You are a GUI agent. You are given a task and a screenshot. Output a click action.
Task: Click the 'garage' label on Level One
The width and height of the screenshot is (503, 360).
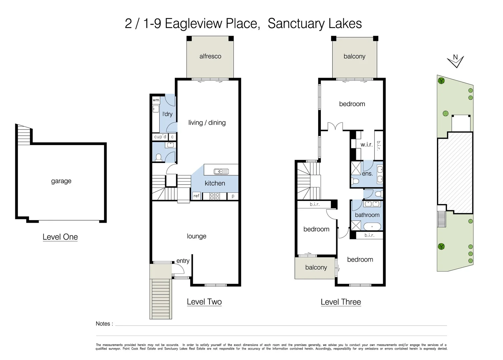coord(61,181)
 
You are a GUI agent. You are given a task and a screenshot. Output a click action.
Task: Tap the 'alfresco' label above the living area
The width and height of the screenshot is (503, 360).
coord(210,56)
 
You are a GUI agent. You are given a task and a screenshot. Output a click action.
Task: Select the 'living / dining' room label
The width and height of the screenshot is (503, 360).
coord(207,123)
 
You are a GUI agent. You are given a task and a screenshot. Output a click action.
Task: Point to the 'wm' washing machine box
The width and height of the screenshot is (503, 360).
coord(156,100)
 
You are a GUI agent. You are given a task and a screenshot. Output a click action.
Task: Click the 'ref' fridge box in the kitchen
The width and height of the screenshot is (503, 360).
coord(196,196)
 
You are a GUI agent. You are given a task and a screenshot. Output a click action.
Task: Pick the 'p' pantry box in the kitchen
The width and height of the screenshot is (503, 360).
coord(233,196)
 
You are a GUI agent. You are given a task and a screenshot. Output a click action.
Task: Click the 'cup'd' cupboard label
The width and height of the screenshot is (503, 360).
coord(160,137)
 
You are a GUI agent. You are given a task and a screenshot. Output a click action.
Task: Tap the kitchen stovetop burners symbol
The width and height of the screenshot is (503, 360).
coord(214,196)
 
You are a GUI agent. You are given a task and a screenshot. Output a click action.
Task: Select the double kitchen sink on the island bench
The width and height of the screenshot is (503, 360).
coord(221,172)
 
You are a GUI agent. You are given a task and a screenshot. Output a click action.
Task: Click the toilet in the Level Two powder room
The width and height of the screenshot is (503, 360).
coord(159,157)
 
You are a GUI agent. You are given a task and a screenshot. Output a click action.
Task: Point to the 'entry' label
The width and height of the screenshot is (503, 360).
coord(183,261)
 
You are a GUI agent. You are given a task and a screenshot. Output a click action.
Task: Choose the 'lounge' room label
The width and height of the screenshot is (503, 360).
coord(196,236)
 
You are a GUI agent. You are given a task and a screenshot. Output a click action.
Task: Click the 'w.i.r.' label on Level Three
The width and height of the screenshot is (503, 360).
coord(366,145)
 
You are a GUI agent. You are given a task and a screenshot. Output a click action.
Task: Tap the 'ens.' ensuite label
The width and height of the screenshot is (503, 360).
coord(367,174)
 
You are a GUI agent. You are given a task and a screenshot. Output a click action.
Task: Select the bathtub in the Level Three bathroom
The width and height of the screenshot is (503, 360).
coord(372,227)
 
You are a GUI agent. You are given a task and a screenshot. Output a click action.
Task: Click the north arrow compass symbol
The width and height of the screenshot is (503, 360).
coord(455,61)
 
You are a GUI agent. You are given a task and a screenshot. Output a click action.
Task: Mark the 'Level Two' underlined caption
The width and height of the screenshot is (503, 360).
coord(204,302)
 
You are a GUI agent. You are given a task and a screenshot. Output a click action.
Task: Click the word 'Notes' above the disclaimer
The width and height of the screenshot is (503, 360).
coord(103,324)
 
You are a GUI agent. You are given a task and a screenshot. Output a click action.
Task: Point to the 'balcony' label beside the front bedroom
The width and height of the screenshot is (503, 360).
coord(316,267)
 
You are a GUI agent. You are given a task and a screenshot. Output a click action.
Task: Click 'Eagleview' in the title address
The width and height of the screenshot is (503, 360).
coord(193,24)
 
